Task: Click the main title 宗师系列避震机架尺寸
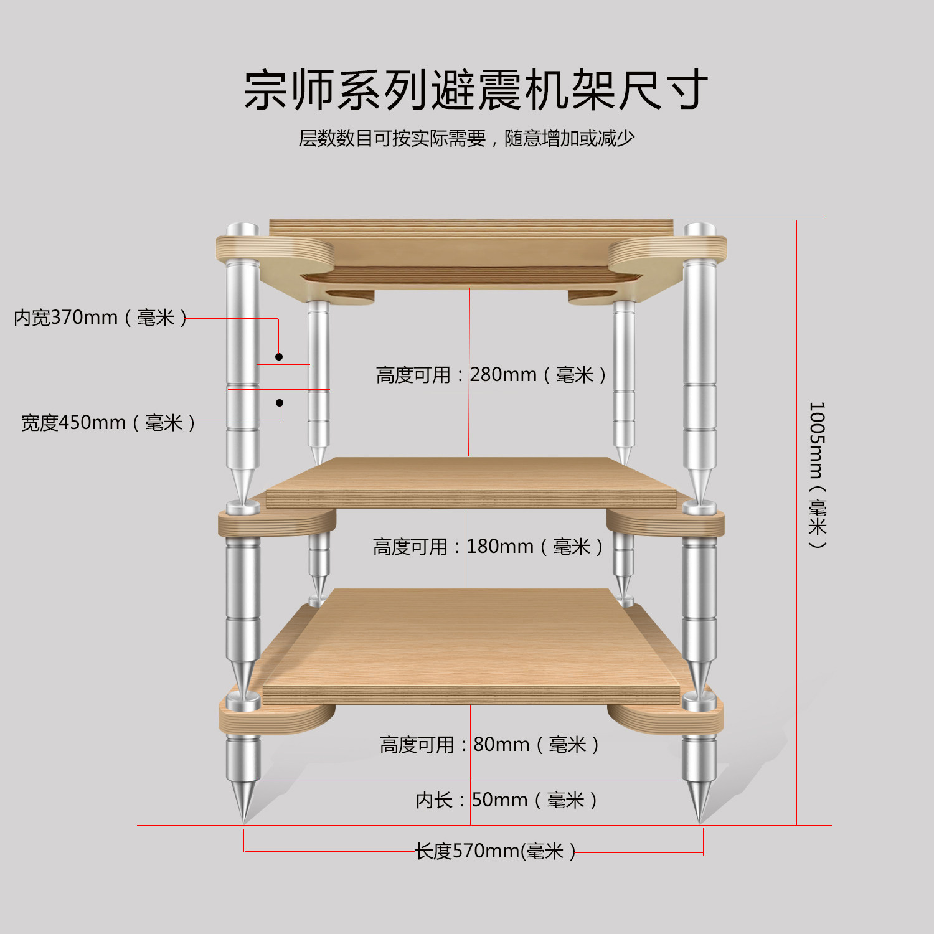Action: coord(476,90)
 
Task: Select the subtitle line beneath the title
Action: coord(466,138)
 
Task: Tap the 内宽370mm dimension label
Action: coord(100,318)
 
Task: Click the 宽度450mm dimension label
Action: coord(108,423)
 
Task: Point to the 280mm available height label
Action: coord(491,375)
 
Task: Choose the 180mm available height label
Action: coord(488,547)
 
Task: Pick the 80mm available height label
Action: coord(489,744)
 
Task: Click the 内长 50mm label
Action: coord(506,800)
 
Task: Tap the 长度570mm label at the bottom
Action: coord(495,851)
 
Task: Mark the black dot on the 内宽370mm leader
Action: coord(279,357)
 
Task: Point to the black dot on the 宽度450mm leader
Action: coord(280,403)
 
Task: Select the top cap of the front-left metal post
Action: coord(242,229)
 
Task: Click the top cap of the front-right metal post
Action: coord(700,229)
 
